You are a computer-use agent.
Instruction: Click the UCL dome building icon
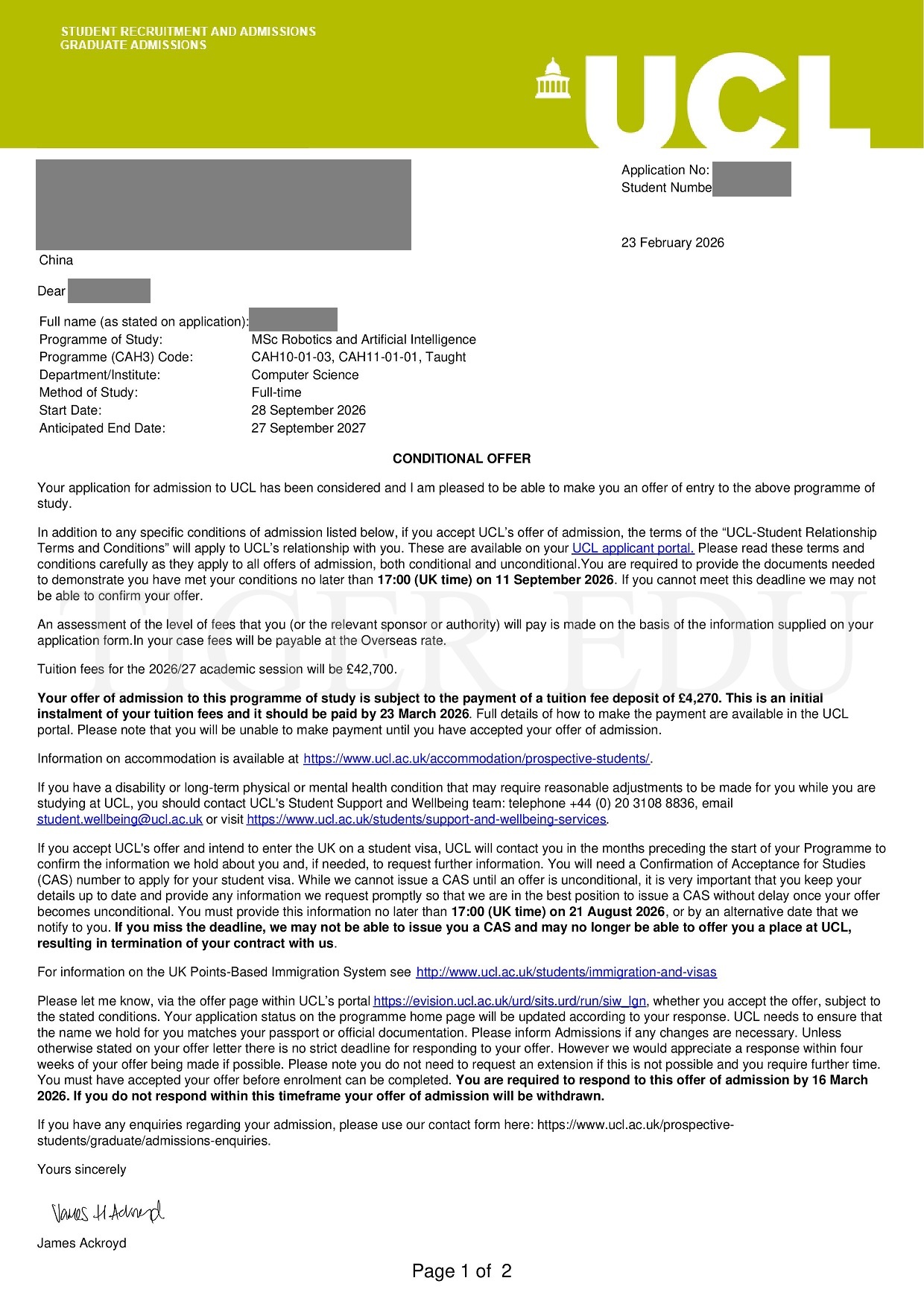(x=552, y=78)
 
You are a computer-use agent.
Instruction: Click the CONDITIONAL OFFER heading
(x=461, y=459)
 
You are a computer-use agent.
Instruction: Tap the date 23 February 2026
(x=672, y=243)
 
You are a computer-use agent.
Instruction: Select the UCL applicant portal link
(x=633, y=549)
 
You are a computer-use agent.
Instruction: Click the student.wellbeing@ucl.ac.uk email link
(x=120, y=819)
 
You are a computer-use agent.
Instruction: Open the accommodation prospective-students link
(x=476, y=759)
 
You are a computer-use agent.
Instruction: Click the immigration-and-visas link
(x=566, y=972)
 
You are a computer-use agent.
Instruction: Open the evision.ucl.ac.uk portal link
(x=510, y=1001)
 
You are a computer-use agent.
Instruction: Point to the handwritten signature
(x=107, y=1212)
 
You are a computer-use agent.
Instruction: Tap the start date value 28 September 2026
(x=308, y=410)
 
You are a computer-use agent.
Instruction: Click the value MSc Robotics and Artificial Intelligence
(x=364, y=340)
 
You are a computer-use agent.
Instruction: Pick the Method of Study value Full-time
(x=276, y=392)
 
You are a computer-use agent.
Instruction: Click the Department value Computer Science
(x=305, y=375)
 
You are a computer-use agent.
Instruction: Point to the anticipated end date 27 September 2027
(x=308, y=428)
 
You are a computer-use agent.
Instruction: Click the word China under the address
(x=56, y=260)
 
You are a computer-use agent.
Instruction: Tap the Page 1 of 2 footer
(x=461, y=1271)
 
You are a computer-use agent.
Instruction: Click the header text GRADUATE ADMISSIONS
(x=133, y=45)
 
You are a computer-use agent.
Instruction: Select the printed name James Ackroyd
(x=82, y=1243)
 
